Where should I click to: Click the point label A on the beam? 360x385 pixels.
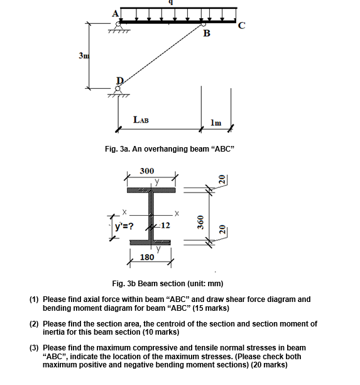(x=115, y=14)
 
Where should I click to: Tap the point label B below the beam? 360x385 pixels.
(x=207, y=33)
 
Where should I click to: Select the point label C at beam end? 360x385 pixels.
(x=241, y=26)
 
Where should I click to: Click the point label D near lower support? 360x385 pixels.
(x=120, y=81)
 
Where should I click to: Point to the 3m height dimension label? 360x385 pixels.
(x=84, y=56)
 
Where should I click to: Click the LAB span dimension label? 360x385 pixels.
(x=141, y=120)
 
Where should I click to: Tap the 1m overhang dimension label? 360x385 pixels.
(x=215, y=123)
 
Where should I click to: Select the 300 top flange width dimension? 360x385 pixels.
(x=147, y=171)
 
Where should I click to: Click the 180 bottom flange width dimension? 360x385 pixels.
(x=147, y=257)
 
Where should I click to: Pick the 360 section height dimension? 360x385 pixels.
(x=200, y=222)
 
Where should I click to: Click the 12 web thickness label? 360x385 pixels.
(x=165, y=225)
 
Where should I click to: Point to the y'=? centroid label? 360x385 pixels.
(x=124, y=226)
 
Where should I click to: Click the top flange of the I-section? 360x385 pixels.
(x=151, y=190)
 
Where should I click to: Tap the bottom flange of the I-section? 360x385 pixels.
(x=150, y=243)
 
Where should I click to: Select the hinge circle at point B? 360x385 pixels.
(x=204, y=24)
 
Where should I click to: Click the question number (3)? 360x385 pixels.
(x=34, y=348)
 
